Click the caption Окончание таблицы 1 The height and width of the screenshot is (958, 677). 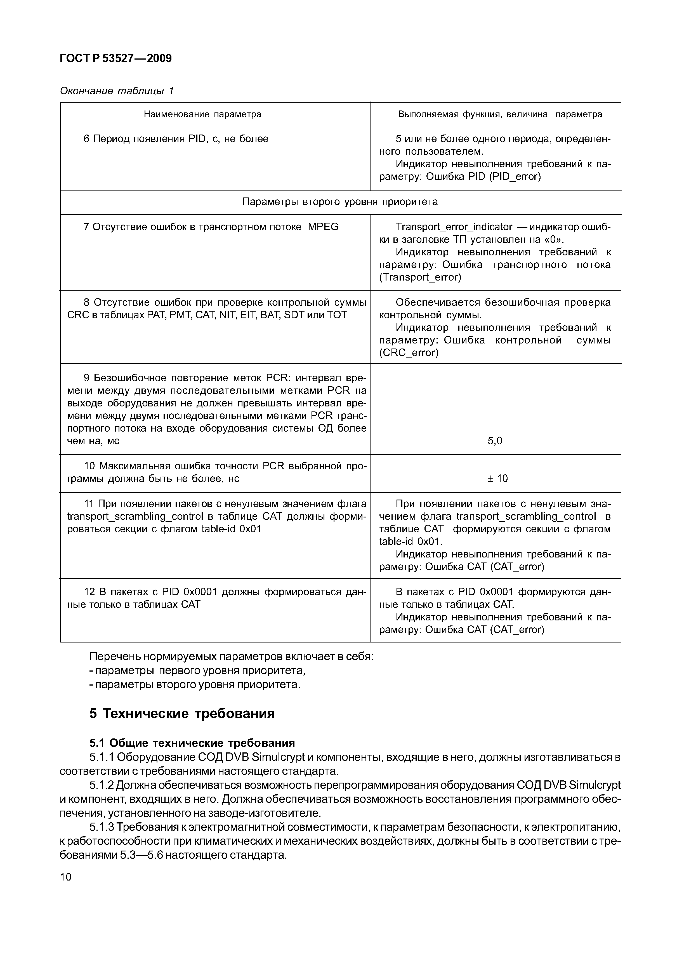click(117, 91)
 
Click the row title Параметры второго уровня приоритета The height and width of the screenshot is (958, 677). click(340, 202)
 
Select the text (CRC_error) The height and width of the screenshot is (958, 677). click(409, 353)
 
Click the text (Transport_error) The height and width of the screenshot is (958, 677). click(420, 277)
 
